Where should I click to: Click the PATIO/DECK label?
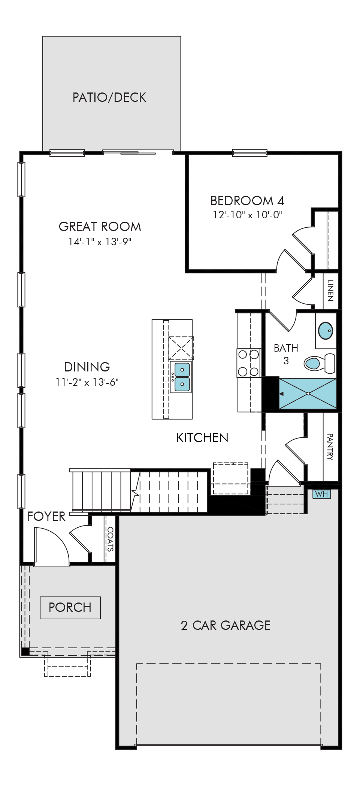click(x=109, y=97)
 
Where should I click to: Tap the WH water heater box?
click(x=322, y=494)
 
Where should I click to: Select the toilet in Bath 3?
click(x=320, y=363)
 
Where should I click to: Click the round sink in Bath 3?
click(x=325, y=331)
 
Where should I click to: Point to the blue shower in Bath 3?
click(x=308, y=394)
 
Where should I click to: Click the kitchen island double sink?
click(x=182, y=377)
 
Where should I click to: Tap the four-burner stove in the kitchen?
click(x=249, y=363)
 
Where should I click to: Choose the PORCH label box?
click(x=70, y=607)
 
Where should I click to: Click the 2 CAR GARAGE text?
click(x=226, y=625)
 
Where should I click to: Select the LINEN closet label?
click(x=330, y=291)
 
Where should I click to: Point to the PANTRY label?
click(x=330, y=447)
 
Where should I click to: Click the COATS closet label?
click(x=110, y=539)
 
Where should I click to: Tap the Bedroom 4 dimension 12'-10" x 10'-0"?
click(x=247, y=215)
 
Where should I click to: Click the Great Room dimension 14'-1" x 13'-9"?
click(x=100, y=242)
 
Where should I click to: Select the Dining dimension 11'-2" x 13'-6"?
click(x=87, y=382)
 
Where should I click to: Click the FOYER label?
click(x=46, y=517)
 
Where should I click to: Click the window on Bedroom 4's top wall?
click(x=250, y=153)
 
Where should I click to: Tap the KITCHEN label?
click(x=202, y=438)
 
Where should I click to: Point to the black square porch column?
click(x=25, y=652)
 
